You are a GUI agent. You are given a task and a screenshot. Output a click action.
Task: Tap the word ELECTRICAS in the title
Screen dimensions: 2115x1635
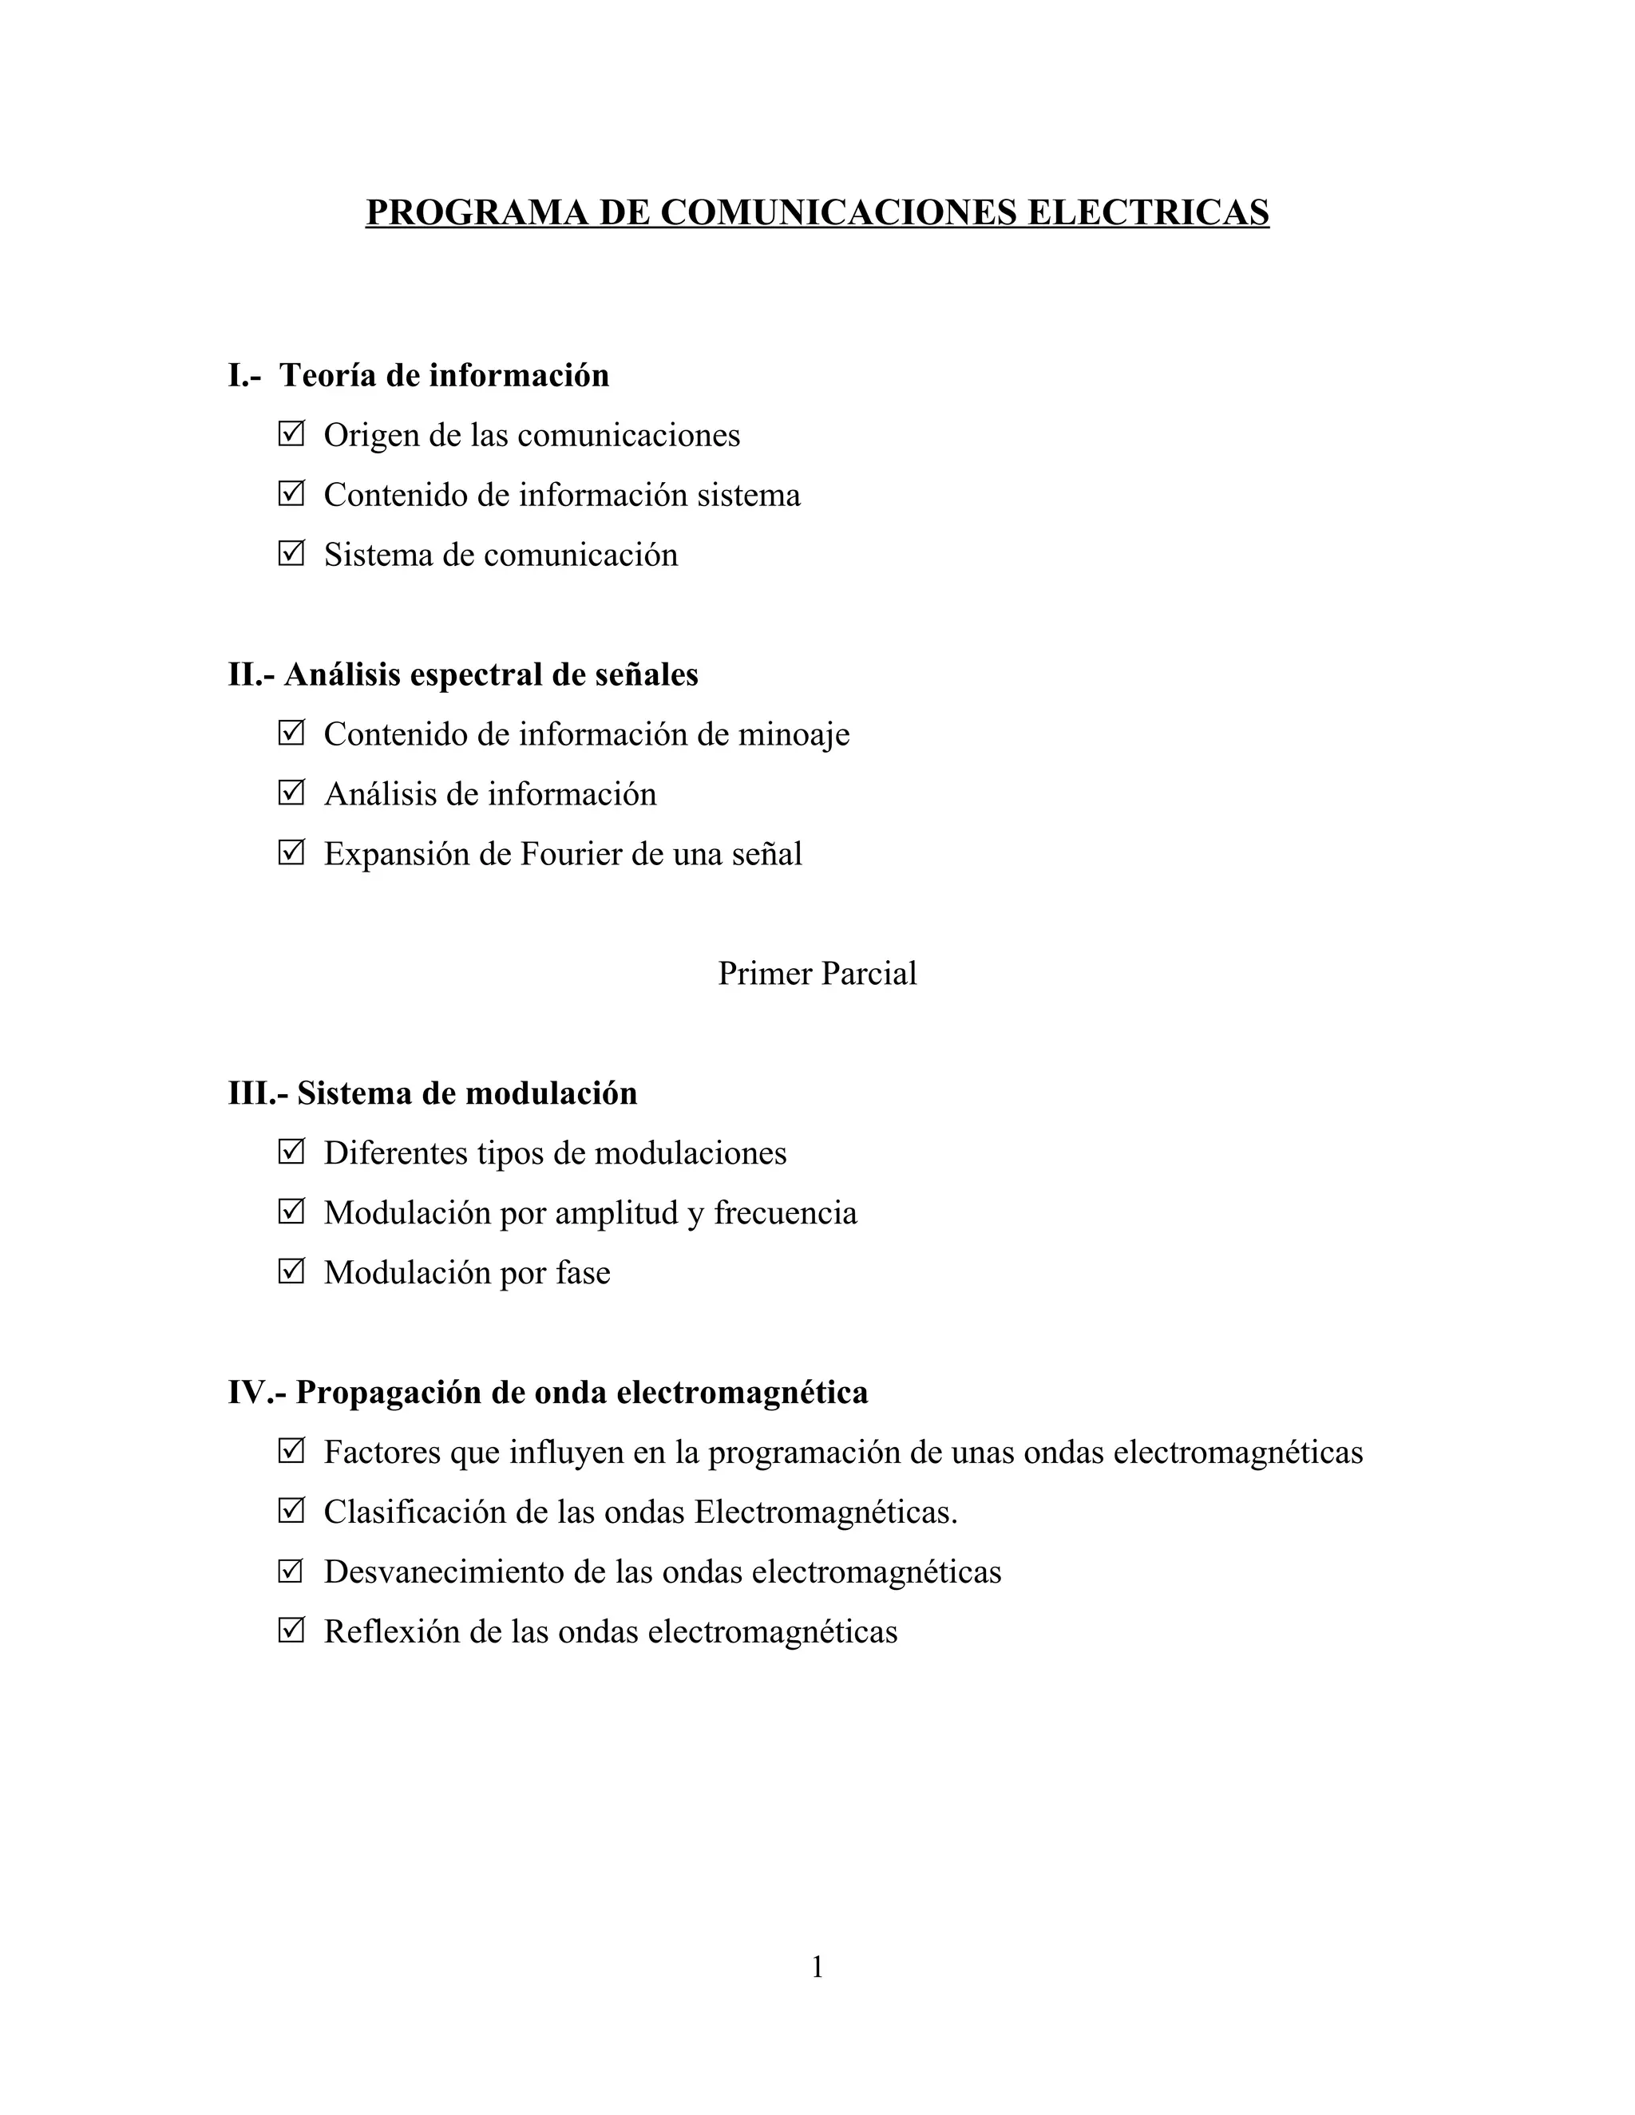pos(1148,212)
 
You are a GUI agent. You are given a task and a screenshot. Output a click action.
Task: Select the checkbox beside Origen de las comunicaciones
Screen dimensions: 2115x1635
pos(291,434)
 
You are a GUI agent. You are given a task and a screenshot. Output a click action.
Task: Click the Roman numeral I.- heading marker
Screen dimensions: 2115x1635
pos(244,376)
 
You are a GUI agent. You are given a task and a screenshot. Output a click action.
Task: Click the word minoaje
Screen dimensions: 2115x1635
pos(794,734)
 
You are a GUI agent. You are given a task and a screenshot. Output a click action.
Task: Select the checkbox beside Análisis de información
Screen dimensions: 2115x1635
pos(291,793)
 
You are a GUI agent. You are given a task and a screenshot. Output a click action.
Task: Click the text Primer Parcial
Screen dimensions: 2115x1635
pos(817,973)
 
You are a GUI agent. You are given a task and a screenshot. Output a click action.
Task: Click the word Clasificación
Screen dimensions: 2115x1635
pos(414,1512)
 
